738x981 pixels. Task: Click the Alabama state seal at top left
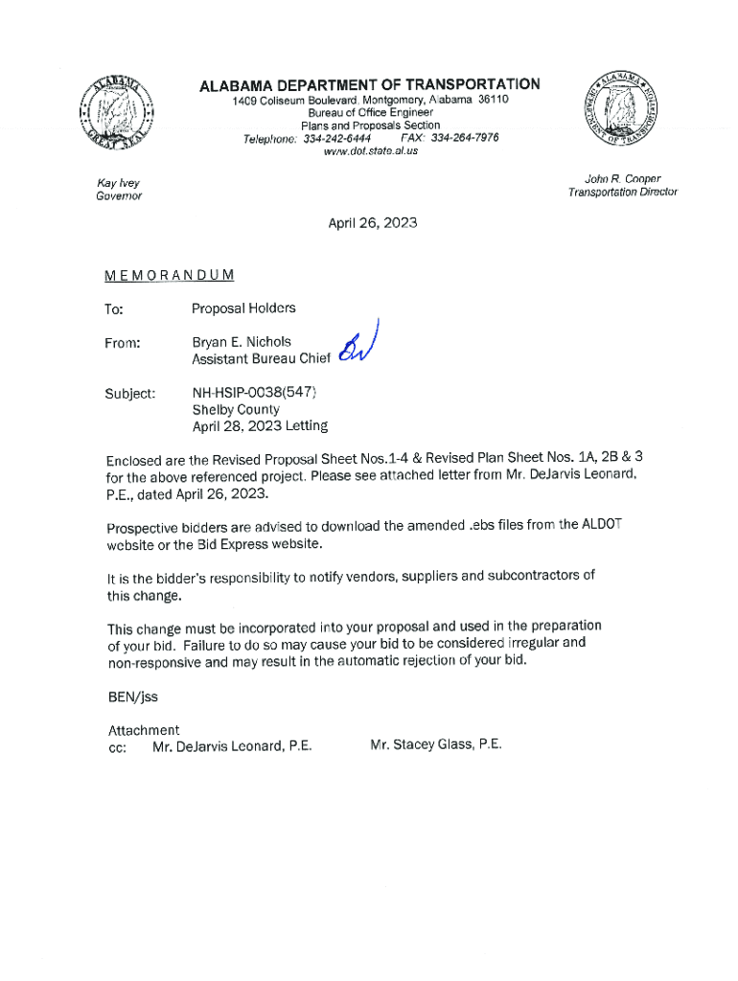118,112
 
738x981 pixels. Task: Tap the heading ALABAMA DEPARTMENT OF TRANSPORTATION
369,85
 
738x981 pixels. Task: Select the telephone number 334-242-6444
337,138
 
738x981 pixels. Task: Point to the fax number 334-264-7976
464,138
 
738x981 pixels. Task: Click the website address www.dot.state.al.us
370,151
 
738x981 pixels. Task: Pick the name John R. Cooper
622,178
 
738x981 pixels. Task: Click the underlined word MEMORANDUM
170,276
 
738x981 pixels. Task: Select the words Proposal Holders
243,308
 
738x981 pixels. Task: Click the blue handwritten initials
356,346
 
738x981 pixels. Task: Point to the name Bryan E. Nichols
242,342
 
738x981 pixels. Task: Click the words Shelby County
236,409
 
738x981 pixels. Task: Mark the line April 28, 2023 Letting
260,426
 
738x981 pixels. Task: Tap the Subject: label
130,393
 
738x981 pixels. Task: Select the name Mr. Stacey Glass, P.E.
435,744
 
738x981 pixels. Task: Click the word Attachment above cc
144,730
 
